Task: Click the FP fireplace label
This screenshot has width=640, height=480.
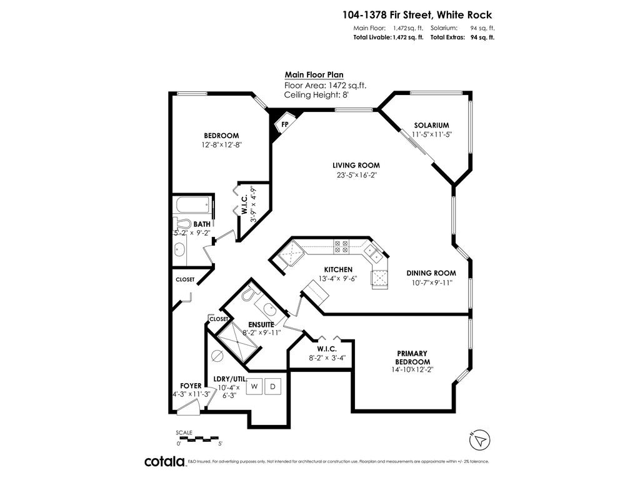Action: (x=284, y=124)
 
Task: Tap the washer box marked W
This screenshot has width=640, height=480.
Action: (x=254, y=387)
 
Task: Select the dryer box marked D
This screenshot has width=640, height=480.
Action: (x=272, y=387)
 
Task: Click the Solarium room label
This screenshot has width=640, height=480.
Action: (x=431, y=125)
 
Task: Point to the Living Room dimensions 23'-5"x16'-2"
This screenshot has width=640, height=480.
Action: (x=356, y=175)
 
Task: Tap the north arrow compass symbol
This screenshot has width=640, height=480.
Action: (x=480, y=439)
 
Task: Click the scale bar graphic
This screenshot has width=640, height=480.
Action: (x=198, y=437)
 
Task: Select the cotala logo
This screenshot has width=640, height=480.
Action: (x=165, y=461)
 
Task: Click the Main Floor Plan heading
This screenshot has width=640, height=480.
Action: (x=314, y=74)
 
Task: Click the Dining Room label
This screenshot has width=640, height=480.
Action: (x=431, y=273)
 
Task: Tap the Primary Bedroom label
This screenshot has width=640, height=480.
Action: (x=413, y=357)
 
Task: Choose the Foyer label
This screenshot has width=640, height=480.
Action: (x=191, y=386)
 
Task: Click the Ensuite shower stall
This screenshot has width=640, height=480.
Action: (x=237, y=343)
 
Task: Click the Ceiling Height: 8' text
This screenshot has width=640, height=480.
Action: (x=315, y=95)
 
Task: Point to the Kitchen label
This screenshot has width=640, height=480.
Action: (x=338, y=269)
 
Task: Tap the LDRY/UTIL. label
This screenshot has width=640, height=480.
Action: (x=231, y=379)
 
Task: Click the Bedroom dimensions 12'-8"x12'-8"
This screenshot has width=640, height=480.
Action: (x=221, y=144)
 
